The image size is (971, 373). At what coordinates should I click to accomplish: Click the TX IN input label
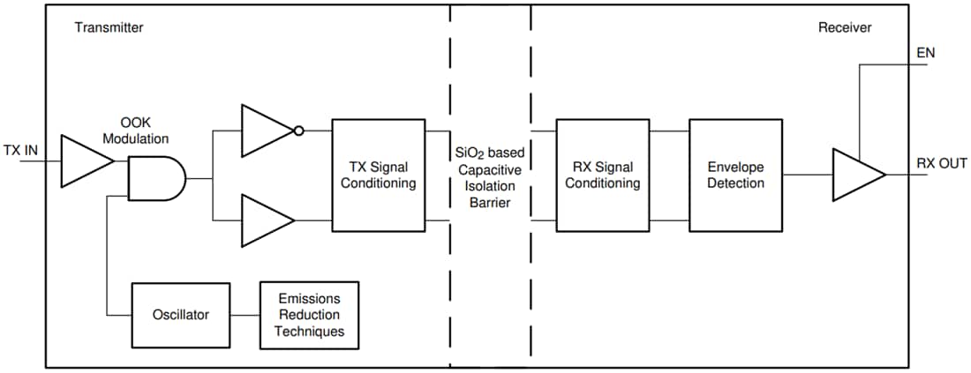tap(20, 150)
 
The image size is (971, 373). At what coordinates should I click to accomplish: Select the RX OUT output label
tap(941, 163)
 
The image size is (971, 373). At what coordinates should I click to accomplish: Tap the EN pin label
tap(925, 53)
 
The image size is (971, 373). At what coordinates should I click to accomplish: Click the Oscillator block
tap(180, 314)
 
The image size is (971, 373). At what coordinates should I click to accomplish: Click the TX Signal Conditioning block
tap(379, 175)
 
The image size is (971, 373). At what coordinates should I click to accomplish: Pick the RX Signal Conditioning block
tap(602, 175)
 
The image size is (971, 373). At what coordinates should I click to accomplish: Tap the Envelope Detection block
tap(735, 175)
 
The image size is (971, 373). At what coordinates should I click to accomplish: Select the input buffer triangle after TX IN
tap(84, 161)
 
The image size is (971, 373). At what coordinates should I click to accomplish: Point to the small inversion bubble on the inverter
tap(299, 131)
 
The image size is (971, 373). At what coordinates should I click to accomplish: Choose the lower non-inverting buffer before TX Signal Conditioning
tap(265, 220)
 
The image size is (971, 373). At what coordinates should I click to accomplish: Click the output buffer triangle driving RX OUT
tap(855, 175)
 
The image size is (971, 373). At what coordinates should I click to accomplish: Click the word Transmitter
tap(109, 27)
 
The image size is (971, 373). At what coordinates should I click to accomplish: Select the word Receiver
tap(844, 27)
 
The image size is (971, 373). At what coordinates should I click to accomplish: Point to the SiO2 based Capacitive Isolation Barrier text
tap(491, 177)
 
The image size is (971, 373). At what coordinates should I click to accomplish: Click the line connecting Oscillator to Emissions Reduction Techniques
tap(245, 314)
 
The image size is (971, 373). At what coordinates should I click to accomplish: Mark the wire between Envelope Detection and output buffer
tap(807, 175)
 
